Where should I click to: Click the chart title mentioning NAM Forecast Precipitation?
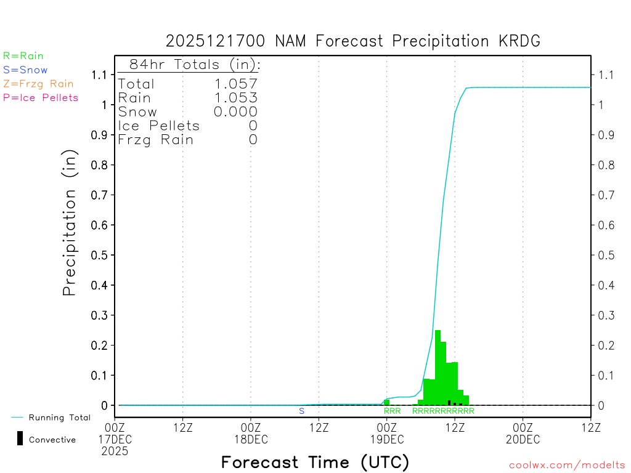coord(353,41)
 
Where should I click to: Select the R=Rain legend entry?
coord(23,56)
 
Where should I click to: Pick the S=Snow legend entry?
coord(25,70)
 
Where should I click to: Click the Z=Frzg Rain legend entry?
coord(38,84)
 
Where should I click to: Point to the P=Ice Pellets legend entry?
coord(41,97)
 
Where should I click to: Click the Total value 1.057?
coord(235,84)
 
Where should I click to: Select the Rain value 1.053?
coord(235,97)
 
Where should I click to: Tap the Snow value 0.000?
coord(235,111)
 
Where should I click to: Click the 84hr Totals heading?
coord(194,65)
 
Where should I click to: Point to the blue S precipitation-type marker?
coord(301,411)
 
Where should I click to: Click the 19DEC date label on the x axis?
coord(386,439)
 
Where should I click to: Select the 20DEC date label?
coord(523,439)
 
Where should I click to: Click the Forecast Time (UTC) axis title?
coord(315,462)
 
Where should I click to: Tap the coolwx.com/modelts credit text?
coord(567,466)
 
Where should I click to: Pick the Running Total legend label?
coord(59,418)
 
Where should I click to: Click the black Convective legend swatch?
coord(20,438)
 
